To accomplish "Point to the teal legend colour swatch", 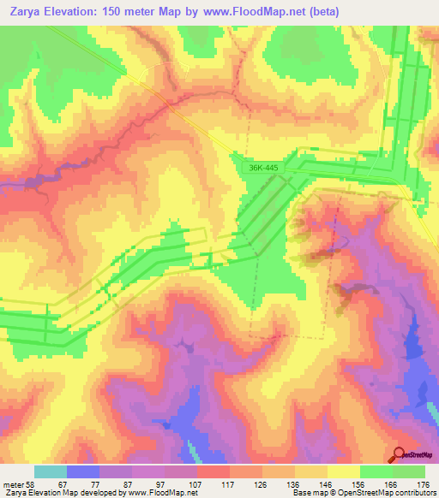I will (51, 471).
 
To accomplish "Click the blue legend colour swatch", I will (83, 471).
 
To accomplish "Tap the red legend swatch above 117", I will (213, 471).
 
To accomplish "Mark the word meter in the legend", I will (14, 483).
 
